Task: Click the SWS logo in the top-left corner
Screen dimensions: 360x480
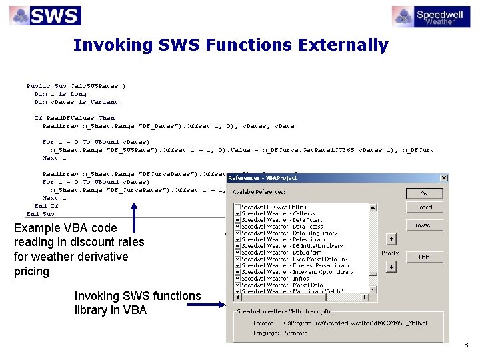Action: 45,15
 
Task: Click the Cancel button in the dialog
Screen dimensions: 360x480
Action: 424,207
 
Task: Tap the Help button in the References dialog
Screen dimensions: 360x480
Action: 424,257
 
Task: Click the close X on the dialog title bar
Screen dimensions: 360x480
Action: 444,178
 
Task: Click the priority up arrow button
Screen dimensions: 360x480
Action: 391,239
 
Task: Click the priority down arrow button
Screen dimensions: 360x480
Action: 391,267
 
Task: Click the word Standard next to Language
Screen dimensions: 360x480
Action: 296,333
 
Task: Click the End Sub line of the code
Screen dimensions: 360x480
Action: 40,214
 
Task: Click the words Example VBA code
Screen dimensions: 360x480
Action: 65,228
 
